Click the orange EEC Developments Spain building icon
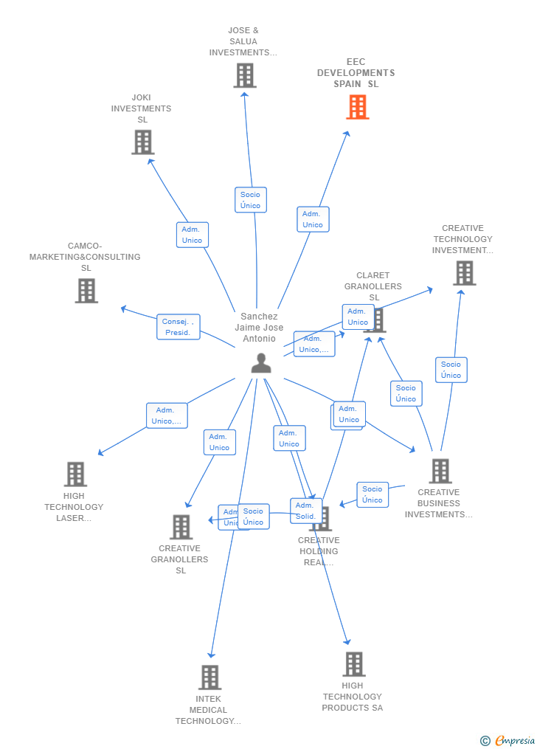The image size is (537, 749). coord(358,107)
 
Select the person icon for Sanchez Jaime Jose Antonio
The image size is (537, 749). coord(260,363)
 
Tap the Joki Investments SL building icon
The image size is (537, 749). coord(142,142)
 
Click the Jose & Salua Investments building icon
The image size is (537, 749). coord(245,75)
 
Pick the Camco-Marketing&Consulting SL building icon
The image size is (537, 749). coord(86,291)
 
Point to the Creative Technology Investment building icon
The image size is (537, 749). coord(464,273)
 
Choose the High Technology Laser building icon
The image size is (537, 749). coord(75,474)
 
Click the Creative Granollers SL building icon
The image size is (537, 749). coord(181,527)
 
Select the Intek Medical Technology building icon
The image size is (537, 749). coord(209,677)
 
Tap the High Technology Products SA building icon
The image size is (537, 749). coord(353,664)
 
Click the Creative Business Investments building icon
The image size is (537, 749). coord(440,471)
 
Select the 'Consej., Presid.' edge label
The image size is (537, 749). coord(178,327)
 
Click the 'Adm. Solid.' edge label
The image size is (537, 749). coord(305,511)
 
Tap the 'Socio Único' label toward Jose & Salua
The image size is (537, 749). coord(250,200)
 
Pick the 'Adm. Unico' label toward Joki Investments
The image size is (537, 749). coord(192,235)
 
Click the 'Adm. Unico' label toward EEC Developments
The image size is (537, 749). coord(313,219)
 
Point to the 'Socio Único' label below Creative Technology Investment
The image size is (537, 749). coord(451,370)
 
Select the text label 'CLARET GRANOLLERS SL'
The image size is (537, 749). coord(373,286)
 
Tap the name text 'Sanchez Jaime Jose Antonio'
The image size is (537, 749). coord(259,328)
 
